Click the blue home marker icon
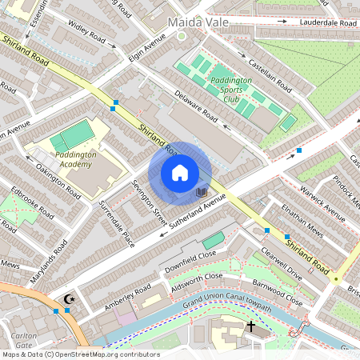click(180, 172)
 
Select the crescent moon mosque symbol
click(69, 299)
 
